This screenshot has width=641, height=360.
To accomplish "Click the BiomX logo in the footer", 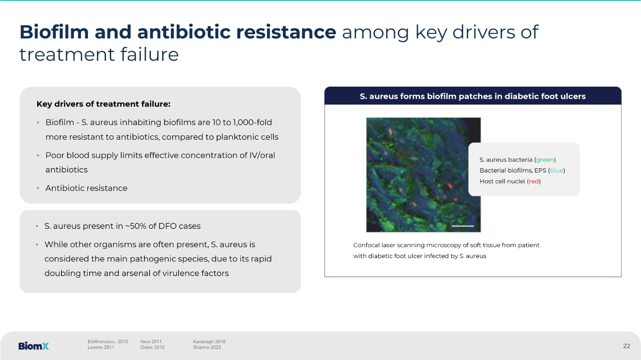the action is coord(33,346).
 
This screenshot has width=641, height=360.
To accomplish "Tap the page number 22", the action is coord(626,346).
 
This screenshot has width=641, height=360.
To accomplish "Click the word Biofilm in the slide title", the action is coord(54,32).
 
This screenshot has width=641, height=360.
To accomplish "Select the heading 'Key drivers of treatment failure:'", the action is coord(103,104).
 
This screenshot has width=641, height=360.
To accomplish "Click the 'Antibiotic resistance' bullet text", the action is coord(86,188).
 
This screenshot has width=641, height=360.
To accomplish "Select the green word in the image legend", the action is coord(544,160).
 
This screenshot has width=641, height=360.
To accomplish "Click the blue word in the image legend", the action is coord(556,170).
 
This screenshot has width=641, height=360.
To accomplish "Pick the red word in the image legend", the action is coord(534,181).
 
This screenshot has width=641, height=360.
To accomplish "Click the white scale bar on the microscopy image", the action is coord(463,226).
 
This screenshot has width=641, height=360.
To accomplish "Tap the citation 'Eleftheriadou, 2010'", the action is coord(108,341).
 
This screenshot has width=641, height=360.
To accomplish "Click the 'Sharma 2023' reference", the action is coord(206,348).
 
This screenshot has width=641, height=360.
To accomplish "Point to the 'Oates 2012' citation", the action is coord(152,348).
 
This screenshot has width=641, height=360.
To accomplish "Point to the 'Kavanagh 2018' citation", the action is coord(209,342).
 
